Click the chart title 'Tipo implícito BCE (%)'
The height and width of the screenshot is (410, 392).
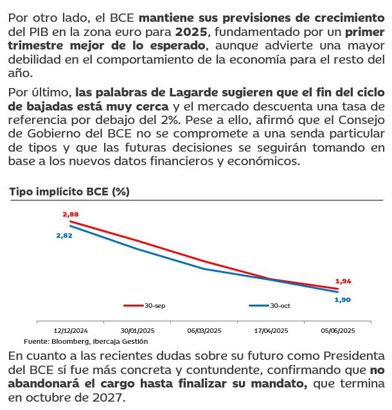click(x=69, y=192)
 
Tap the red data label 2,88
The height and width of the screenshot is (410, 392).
click(x=71, y=215)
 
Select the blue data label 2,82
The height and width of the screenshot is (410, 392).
click(x=64, y=236)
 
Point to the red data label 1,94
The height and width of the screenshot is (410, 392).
click(x=343, y=281)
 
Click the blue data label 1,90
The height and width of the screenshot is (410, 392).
click(x=343, y=300)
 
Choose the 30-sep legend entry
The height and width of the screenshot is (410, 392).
click(x=145, y=305)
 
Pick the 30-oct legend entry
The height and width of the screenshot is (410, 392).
click(x=270, y=305)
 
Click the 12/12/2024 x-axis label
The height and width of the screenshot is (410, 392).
click(x=71, y=331)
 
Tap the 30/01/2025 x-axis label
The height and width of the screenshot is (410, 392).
click(x=138, y=331)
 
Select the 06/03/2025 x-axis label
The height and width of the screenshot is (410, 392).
click(x=204, y=331)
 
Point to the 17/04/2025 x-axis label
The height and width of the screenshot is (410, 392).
click(x=271, y=331)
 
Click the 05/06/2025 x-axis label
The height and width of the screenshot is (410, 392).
click(x=338, y=331)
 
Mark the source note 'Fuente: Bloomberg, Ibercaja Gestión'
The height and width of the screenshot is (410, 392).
click(x=85, y=341)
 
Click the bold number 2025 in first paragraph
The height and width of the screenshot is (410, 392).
click(x=192, y=32)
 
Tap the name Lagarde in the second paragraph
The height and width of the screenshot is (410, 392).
click(x=193, y=93)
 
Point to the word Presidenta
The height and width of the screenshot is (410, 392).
click(x=354, y=356)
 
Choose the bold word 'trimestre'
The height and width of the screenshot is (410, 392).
click(x=35, y=46)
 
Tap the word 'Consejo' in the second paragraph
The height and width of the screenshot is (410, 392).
click(x=361, y=120)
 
